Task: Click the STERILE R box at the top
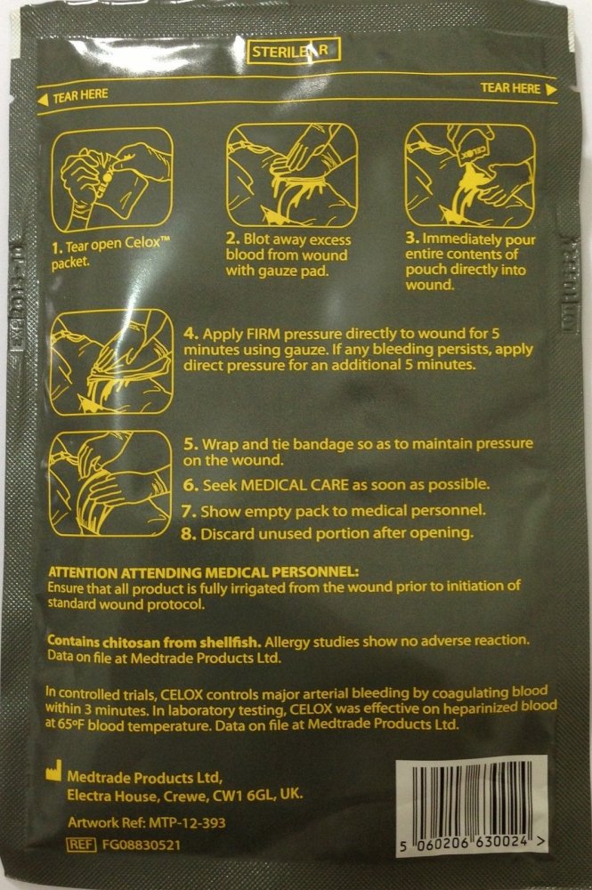coord(294,51)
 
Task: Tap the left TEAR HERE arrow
coord(43,100)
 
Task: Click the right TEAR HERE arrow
coord(550,89)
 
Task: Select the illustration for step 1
coord(112,180)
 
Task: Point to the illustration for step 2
coord(292,175)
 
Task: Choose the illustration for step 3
coord(470,175)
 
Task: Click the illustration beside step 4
coord(112,362)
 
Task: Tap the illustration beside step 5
coord(110,483)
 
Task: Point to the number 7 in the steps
coord(190,512)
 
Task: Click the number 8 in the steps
coord(190,533)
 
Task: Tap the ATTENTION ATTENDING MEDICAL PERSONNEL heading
coord(204,571)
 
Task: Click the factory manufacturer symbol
coord(53,770)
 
